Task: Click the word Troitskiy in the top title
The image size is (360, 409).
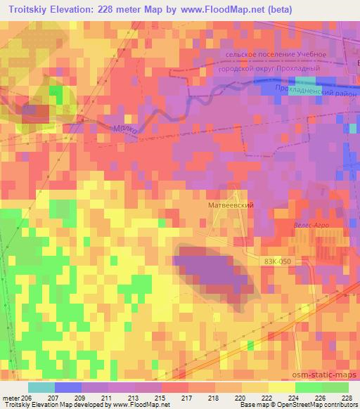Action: coord(30,9)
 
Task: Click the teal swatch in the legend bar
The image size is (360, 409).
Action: coord(41,387)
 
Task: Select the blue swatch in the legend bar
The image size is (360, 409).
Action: coord(67,387)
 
